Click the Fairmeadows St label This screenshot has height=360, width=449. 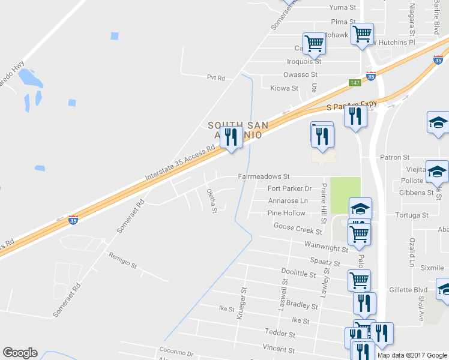click(x=264, y=177)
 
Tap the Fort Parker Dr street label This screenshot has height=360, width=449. click(x=289, y=188)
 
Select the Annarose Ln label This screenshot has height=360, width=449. click(x=288, y=201)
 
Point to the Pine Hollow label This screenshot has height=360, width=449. click(x=286, y=213)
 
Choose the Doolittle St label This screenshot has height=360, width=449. click(x=298, y=272)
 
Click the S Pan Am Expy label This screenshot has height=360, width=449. click(x=351, y=105)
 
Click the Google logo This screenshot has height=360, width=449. click(x=20, y=353)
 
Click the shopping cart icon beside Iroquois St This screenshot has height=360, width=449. click(x=314, y=43)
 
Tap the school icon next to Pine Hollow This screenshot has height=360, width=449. click(x=360, y=209)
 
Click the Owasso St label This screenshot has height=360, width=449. click(x=300, y=74)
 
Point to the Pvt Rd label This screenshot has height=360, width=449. click(x=215, y=78)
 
